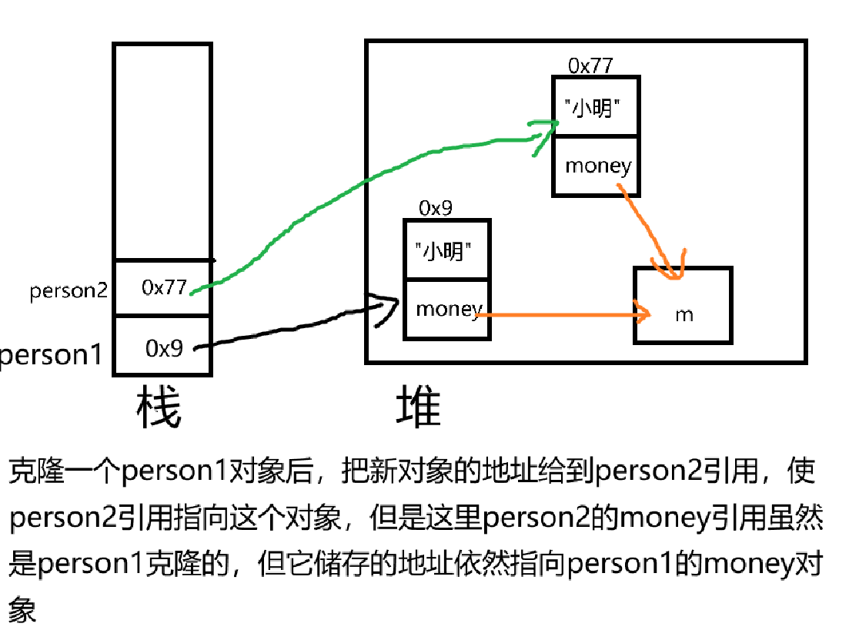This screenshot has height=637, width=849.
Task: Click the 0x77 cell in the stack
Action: click(163, 287)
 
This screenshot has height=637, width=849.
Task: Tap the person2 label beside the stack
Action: click(68, 291)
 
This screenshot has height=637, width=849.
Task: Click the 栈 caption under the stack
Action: click(159, 408)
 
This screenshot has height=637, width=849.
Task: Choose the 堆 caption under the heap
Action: click(419, 408)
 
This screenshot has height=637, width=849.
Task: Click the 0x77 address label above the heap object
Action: click(590, 65)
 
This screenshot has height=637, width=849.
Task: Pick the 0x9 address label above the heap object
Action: click(436, 208)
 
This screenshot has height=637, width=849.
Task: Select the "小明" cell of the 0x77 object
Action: click(595, 107)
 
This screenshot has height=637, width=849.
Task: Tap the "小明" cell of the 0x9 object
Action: click(446, 250)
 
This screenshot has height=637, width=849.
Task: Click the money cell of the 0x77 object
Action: click(597, 166)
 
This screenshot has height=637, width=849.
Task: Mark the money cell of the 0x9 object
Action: click(447, 310)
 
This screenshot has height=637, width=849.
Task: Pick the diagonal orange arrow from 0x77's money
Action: click(650, 231)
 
